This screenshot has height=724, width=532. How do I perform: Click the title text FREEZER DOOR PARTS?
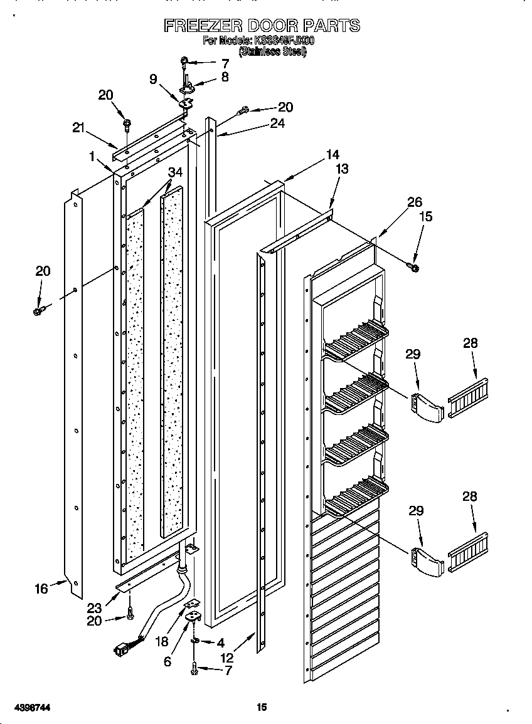click(x=262, y=26)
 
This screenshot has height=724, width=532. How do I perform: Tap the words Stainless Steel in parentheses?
click(x=272, y=53)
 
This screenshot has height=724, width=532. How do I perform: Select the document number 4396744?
click(x=31, y=707)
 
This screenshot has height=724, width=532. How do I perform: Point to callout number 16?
click(x=41, y=589)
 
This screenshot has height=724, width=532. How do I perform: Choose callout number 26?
click(x=415, y=202)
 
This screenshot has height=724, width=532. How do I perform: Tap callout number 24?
click(x=277, y=123)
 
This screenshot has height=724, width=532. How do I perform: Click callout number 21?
click(x=78, y=127)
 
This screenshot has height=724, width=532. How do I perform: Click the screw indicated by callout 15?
click(x=415, y=268)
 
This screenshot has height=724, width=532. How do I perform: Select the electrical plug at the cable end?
click(x=119, y=649)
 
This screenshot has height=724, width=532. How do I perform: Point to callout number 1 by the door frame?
click(x=92, y=157)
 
